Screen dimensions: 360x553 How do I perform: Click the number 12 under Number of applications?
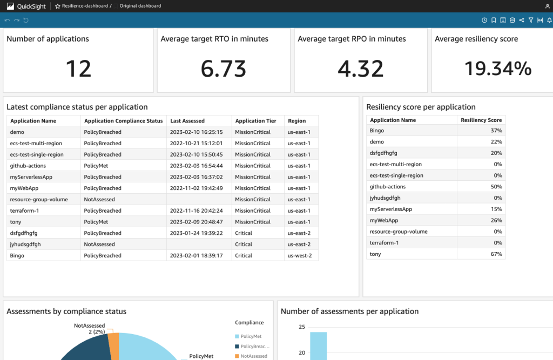pos(78,69)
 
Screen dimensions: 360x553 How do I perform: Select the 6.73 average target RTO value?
pos(223,69)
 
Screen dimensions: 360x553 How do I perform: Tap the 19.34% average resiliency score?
pos(498,69)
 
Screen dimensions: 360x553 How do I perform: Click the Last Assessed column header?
pos(187,121)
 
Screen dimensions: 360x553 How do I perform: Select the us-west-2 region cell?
pos(300,255)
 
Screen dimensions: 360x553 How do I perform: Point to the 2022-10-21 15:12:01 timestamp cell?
pos(197,143)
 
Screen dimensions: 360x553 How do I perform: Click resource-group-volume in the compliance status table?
pos(39,199)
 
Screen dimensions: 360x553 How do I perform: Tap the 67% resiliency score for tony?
pos(496,254)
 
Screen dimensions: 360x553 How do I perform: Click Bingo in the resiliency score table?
pos(377,131)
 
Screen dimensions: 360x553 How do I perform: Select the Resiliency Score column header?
pos(481,120)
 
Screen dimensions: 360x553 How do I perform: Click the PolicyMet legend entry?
pos(251,336)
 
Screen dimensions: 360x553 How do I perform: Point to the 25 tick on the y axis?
pos(301,327)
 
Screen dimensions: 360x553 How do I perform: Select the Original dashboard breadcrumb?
pos(140,6)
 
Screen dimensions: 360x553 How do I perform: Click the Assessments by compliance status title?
pos(66,311)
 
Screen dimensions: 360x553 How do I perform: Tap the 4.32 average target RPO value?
pos(360,69)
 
